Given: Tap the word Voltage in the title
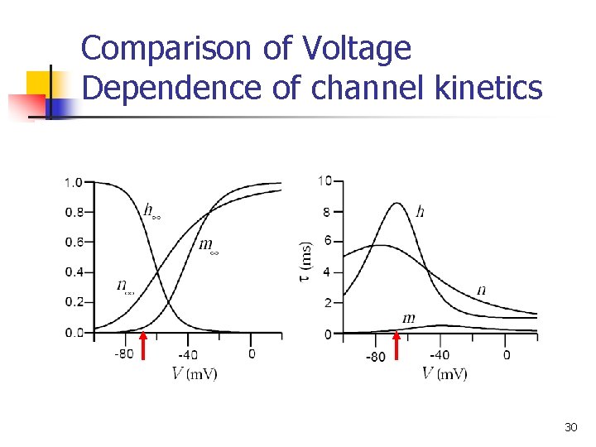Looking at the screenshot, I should pos(356,49).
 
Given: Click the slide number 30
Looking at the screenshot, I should pos(570,427).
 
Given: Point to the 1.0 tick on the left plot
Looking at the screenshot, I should pos(74,182).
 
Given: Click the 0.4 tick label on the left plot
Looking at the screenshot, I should pos(74,272).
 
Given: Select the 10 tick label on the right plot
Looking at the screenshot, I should pos(325,181).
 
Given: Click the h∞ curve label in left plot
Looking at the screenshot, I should pos(151,211).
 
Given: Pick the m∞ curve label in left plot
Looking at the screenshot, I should pos(209,245).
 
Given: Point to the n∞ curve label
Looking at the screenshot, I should pos(125,286).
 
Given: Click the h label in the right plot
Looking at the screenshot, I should pos(421,212).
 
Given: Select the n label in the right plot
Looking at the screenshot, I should pos(482,290).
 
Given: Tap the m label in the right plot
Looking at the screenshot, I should pos(408,318).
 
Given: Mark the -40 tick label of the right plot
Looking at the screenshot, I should pos(440,355).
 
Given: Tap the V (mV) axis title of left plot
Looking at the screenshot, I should pos(195,373).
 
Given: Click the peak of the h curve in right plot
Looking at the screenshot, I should pos(397,204).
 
